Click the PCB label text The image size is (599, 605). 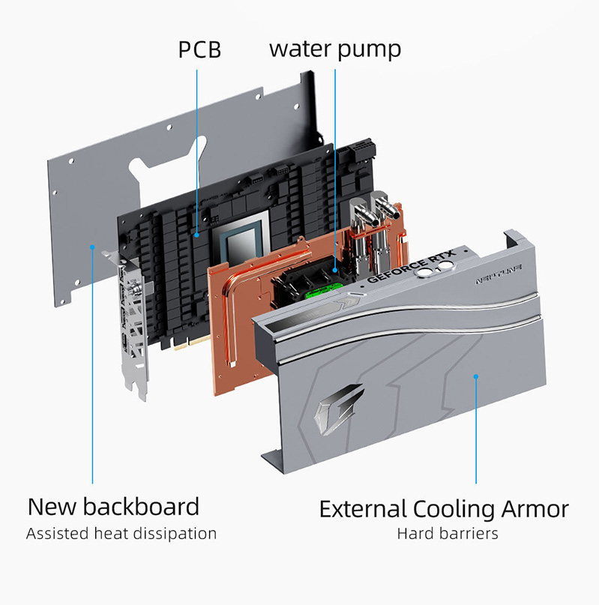pyautogui.click(x=199, y=49)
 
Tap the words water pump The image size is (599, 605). pyautogui.click(x=335, y=49)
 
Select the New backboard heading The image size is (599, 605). pyautogui.click(x=113, y=507)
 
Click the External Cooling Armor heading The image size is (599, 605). pyautogui.click(x=444, y=509)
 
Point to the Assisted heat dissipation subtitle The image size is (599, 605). pyautogui.click(x=121, y=534)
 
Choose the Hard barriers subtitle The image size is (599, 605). pyautogui.click(x=448, y=534)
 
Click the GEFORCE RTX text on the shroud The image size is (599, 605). pyautogui.click(x=411, y=266)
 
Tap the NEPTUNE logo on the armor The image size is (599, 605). pyautogui.click(x=499, y=274)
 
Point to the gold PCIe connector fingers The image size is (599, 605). pyautogui.click(x=192, y=343)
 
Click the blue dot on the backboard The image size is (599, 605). pyautogui.click(x=92, y=247)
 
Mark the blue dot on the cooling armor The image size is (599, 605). pyautogui.click(x=476, y=376)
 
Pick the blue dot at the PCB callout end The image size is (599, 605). pyautogui.click(x=197, y=235)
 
